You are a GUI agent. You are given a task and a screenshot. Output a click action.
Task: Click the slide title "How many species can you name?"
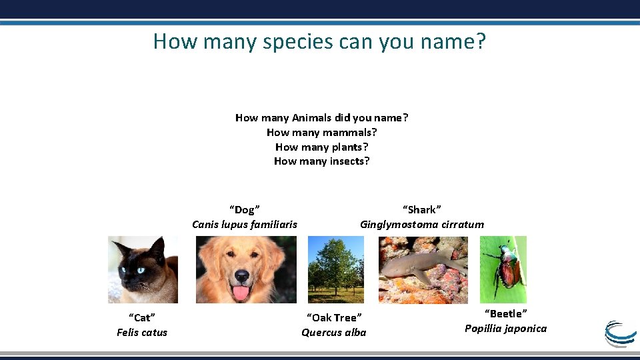(319, 41)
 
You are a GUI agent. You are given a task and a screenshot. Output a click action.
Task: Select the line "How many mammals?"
(321, 132)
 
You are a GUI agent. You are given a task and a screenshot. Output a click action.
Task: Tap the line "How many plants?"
(321, 147)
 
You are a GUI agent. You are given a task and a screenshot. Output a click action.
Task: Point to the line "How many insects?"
(321, 161)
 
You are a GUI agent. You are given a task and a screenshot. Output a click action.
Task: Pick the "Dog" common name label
(244, 210)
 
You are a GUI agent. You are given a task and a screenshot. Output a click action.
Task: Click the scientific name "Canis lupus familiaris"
(244, 225)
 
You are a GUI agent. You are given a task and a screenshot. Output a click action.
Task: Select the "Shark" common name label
(421, 210)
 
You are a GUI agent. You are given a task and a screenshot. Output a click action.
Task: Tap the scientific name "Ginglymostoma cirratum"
(421, 225)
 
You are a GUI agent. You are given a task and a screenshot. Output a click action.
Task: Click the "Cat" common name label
(142, 318)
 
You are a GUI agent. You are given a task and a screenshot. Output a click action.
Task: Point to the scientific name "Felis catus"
(142, 333)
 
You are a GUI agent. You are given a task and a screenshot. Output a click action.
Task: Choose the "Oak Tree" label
(333, 318)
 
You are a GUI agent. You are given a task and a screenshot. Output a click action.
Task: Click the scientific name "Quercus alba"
(333, 333)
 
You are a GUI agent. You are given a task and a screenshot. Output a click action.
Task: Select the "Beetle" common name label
(505, 314)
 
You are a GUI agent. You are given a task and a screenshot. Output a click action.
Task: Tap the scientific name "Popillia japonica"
(505, 329)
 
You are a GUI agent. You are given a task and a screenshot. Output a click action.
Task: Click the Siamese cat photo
(143, 270)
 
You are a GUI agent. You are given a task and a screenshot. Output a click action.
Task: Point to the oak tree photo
(335, 270)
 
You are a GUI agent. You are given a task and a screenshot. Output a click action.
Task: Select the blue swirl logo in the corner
(621, 334)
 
